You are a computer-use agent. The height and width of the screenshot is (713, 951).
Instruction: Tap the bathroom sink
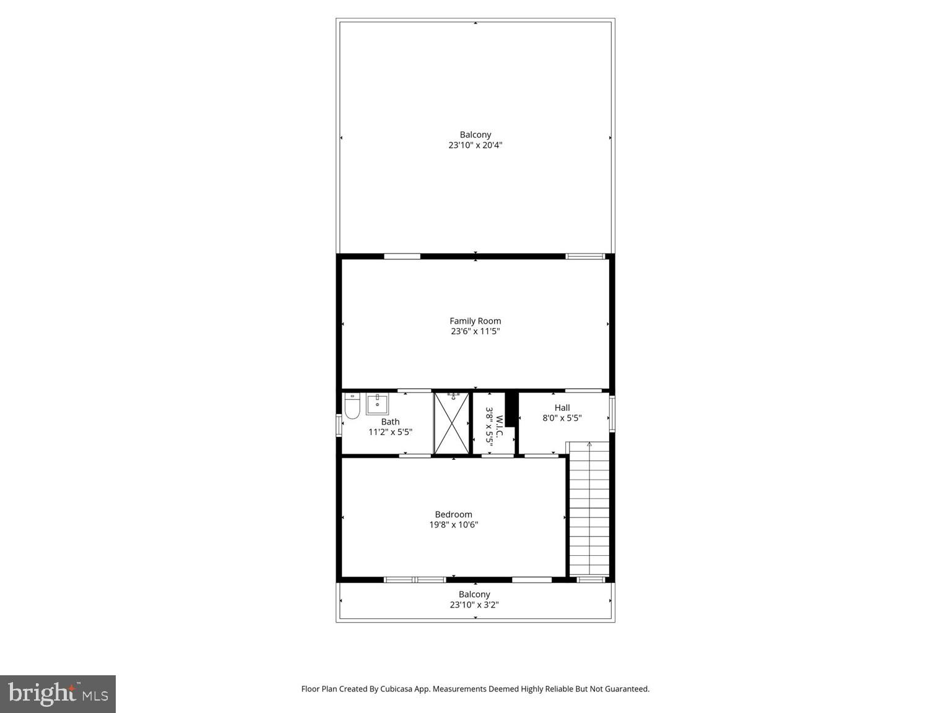tap(377, 404)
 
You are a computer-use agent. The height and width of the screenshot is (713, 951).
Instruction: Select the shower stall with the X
tap(451, 423)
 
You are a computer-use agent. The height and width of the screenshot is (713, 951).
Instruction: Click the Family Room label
tap(475, 321)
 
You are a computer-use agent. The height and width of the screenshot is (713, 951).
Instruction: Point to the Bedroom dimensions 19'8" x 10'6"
tap(454, 525)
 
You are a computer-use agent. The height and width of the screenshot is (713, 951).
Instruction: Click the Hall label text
tap(562, 407)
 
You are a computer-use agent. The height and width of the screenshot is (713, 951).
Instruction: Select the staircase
tap(589, 511)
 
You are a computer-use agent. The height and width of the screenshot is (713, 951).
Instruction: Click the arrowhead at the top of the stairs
tap(589, 444)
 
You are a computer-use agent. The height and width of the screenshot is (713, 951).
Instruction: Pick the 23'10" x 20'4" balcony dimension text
tap(475, 145)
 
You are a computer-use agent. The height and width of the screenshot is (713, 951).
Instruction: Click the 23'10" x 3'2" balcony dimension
tap(474, 605)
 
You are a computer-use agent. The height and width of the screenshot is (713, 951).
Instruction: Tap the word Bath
tap(390, 421)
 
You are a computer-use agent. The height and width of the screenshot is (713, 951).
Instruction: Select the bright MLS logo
tap(58, 693)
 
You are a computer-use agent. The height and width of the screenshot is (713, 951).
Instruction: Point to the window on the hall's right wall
tap(612, 414)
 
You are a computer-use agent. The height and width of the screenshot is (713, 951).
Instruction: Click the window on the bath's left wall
tap(339, 426)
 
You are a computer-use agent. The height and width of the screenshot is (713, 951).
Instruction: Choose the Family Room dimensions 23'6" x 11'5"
tap(475, 332)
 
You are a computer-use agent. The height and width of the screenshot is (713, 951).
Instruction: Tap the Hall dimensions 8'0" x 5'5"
tap(562, 418)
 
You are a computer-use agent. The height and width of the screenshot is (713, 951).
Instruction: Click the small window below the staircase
tap(591, 580)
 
